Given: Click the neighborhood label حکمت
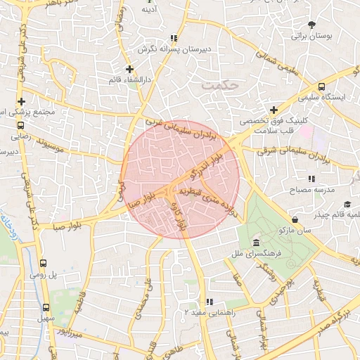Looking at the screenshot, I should tap(220, 84).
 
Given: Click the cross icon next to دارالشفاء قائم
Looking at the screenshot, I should tap(129, 69).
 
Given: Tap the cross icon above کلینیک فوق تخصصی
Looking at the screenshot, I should tap(274, 110).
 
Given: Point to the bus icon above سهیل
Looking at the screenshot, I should tap(46, 308).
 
